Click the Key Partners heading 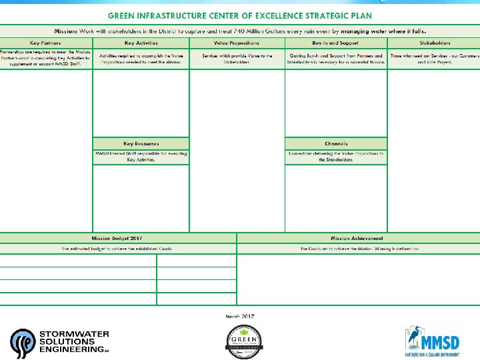coord(46,43)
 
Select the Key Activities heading coord(141,43)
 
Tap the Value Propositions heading coord(237,43)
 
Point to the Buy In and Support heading coord(335,43)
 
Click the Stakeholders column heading coord(433,43)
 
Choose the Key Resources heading coord(141,143)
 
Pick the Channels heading coord(336,143)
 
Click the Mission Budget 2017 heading coord(117,238)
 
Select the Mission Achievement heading coord(357,238)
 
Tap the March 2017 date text coord(240,316)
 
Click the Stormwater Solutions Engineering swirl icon coord(23,343)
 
